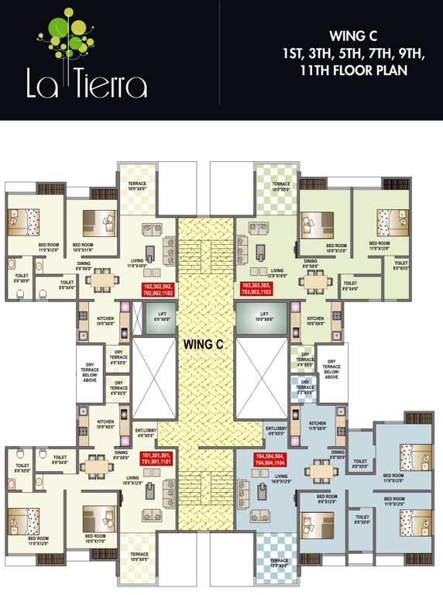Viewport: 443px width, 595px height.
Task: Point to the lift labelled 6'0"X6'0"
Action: pos(161,318)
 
